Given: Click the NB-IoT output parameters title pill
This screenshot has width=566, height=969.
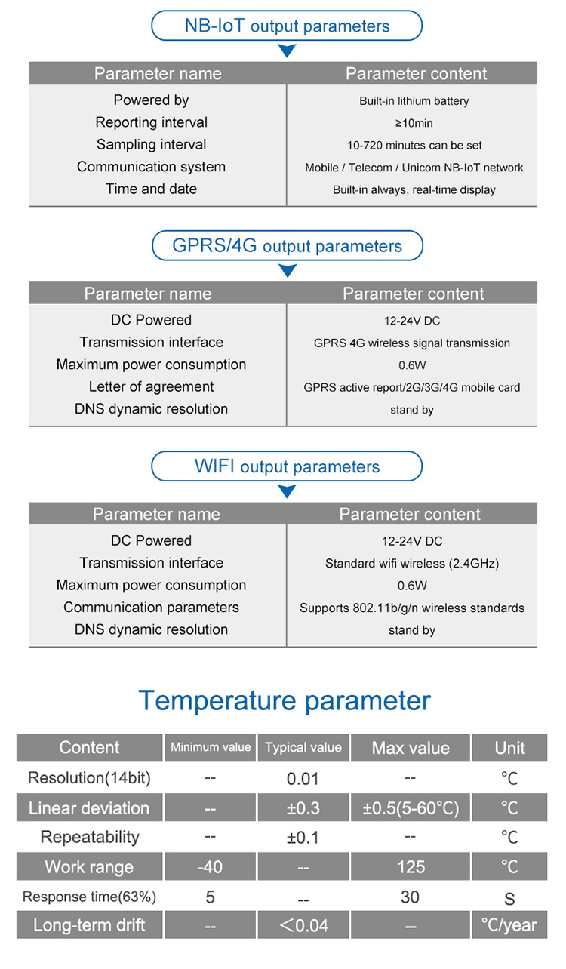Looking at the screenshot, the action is point(287,26).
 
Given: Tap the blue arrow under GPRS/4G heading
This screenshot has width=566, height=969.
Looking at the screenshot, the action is point(288,271).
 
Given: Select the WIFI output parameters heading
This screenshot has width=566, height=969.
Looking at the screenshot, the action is point(287,466).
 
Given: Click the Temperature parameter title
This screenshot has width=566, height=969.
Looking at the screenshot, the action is point(285,701).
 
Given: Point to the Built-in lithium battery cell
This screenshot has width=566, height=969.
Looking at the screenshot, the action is point(414,101).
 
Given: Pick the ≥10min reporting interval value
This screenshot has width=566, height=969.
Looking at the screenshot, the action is point(414,123).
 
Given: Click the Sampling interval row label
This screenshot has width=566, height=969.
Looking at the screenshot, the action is point(152,144).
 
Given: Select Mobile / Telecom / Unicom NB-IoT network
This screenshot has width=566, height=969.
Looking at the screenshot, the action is point(414,168).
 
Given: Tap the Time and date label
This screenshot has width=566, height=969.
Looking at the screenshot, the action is point(152,189).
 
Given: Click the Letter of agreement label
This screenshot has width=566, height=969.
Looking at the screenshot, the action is point(152,386).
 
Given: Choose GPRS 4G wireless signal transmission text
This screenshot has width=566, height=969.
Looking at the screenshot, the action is point(412,343).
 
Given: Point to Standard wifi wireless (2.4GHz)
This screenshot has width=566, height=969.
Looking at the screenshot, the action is point(412,563).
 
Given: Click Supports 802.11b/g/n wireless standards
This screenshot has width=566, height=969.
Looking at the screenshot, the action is point(412,608).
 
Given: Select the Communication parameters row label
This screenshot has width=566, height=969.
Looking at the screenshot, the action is point(152,608).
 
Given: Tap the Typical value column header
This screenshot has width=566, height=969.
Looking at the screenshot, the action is point(303,747).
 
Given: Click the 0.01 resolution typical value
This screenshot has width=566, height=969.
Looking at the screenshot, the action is point(303,779).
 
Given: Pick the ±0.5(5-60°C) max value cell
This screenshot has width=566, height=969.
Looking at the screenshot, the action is point(411,807).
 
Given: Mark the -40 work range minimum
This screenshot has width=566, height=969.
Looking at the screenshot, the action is point(210,867).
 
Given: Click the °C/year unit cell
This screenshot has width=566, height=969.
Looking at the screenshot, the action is point(509,925).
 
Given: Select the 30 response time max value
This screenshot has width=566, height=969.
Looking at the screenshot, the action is point(410,897).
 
